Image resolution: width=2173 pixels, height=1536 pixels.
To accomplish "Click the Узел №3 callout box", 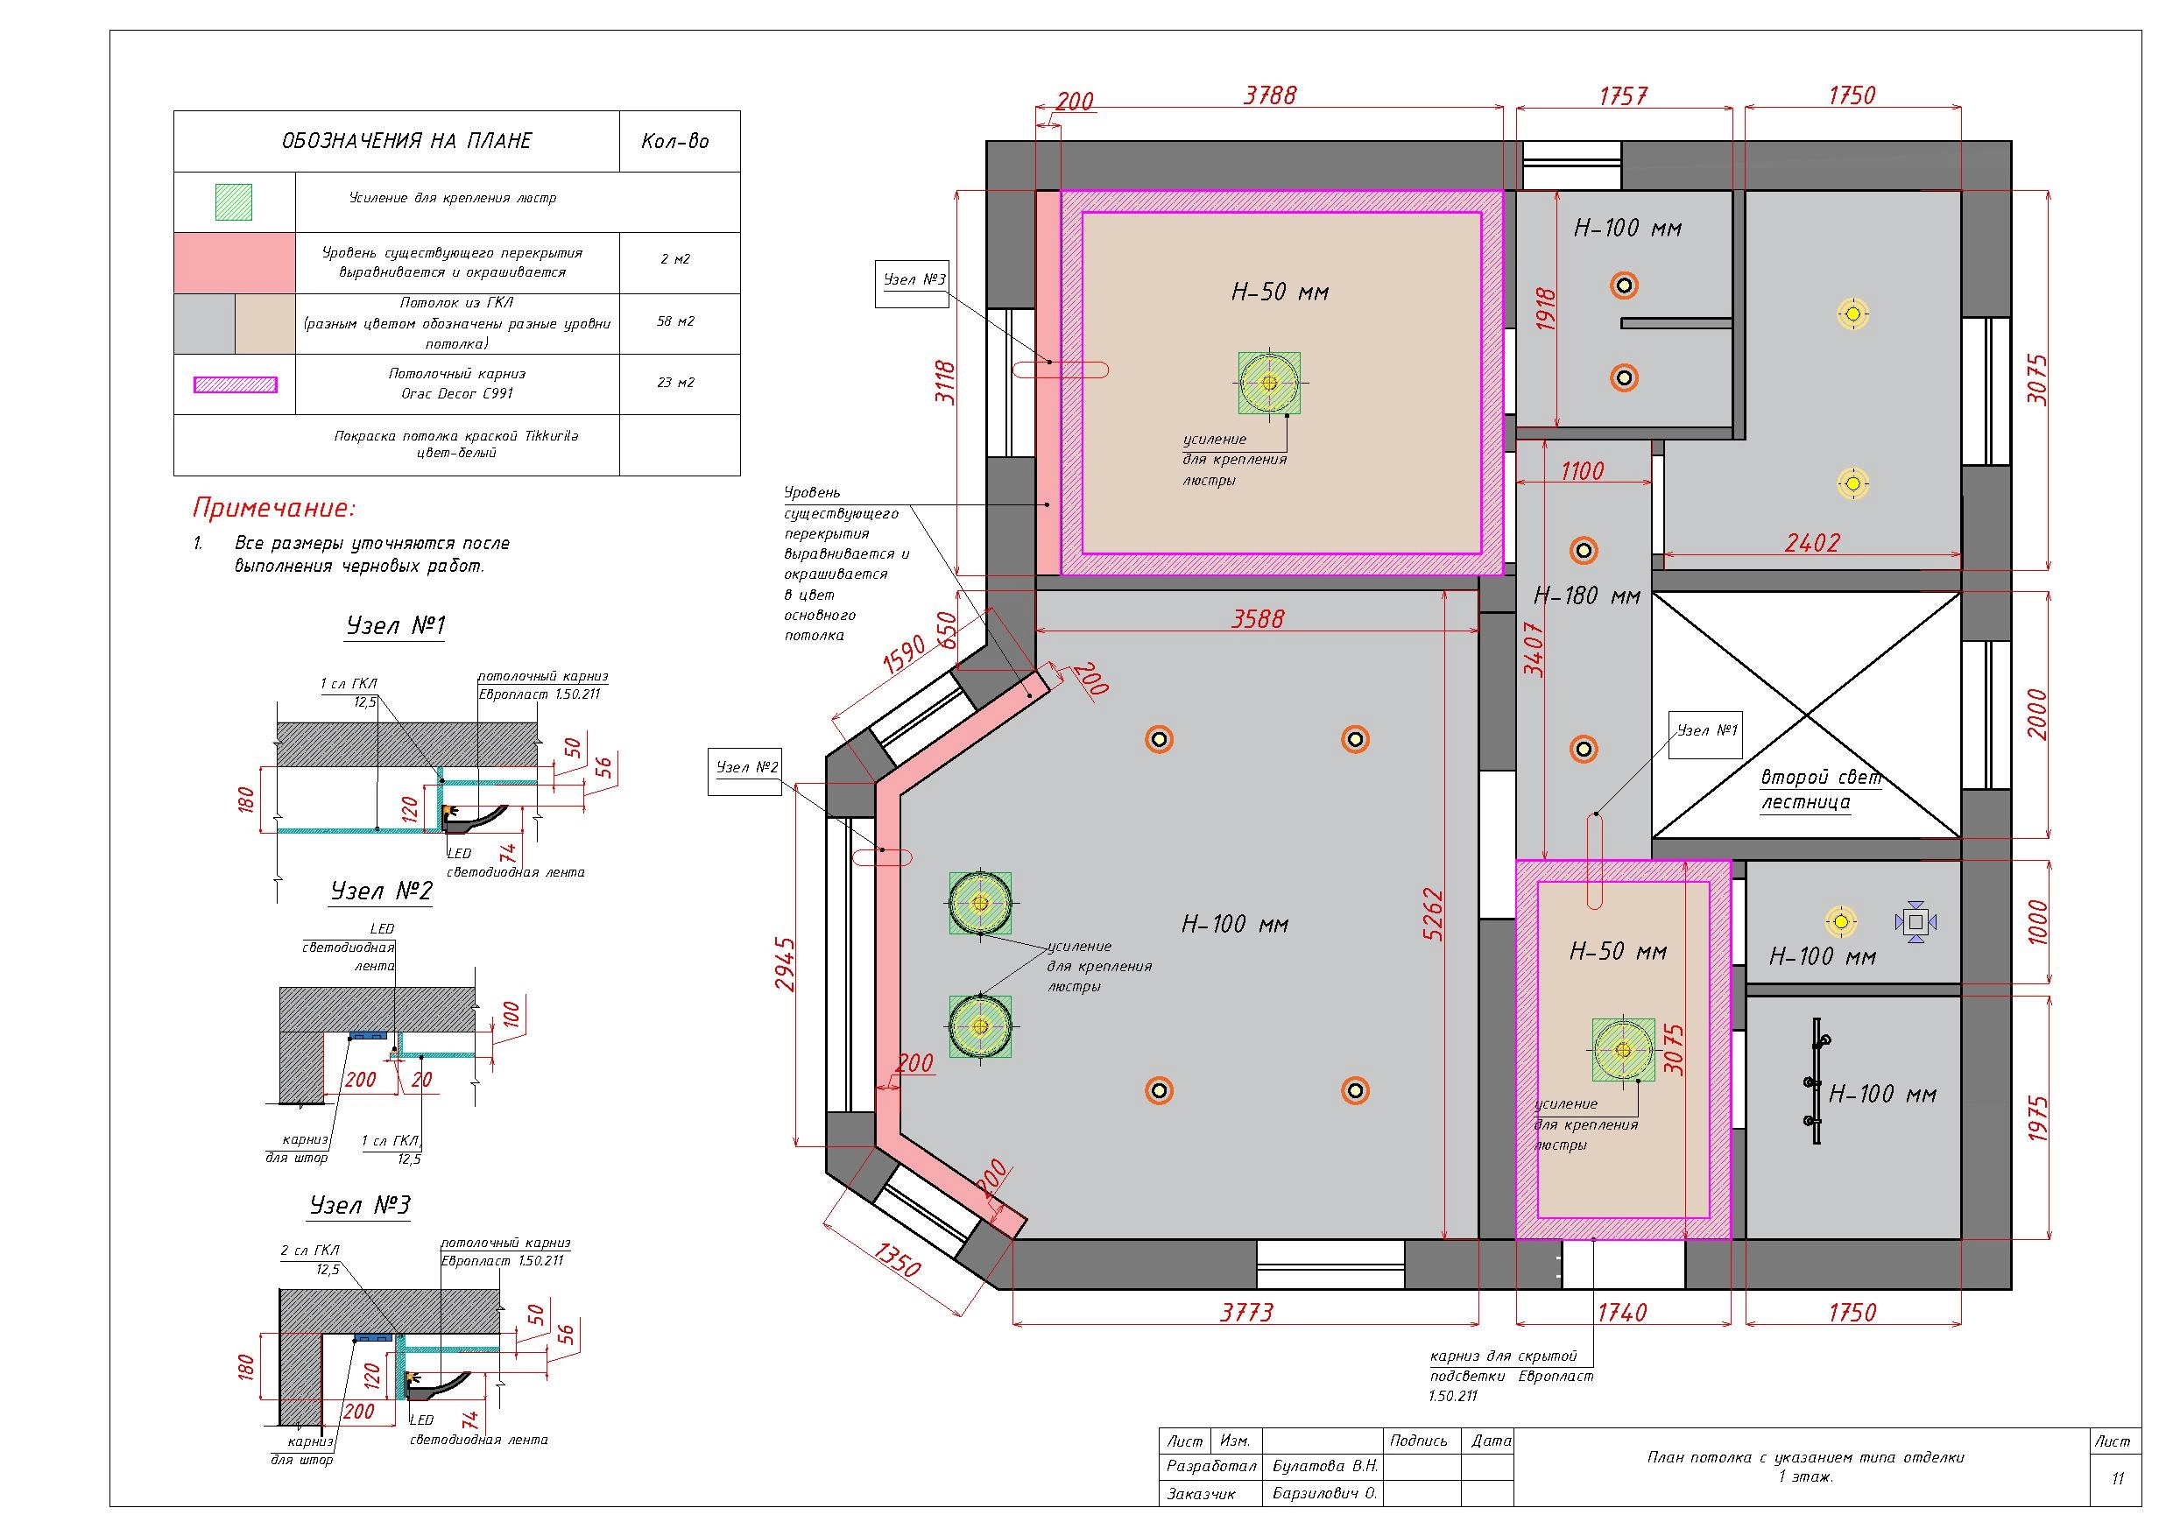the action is pos(912,281).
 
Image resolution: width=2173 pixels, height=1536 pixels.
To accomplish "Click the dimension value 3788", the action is pos(1270,95).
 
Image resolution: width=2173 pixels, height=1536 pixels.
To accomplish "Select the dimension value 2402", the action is pos(1812,543).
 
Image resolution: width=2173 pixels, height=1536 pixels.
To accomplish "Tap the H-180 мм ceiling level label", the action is pos(1586,596).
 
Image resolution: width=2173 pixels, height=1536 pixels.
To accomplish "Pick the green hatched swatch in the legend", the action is pos(234,201).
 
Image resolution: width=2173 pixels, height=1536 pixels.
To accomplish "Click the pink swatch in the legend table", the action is pos(235,263).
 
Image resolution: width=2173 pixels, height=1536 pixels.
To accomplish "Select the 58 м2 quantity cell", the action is pos(676,321).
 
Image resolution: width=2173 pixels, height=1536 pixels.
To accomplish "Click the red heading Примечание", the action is pos(274,508).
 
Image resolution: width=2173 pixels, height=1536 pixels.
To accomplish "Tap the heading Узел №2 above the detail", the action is pos(381,891).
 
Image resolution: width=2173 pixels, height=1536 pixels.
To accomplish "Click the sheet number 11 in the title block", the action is pos(2118,1478).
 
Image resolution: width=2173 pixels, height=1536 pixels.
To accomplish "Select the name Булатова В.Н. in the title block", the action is pos(1325,1466).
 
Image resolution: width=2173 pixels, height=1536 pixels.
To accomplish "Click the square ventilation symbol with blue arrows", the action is pos(1915,922).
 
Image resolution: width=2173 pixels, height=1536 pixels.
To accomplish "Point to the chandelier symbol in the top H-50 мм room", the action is pos(1269,384).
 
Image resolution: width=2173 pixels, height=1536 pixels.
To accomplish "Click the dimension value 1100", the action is pos(1583,471).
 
